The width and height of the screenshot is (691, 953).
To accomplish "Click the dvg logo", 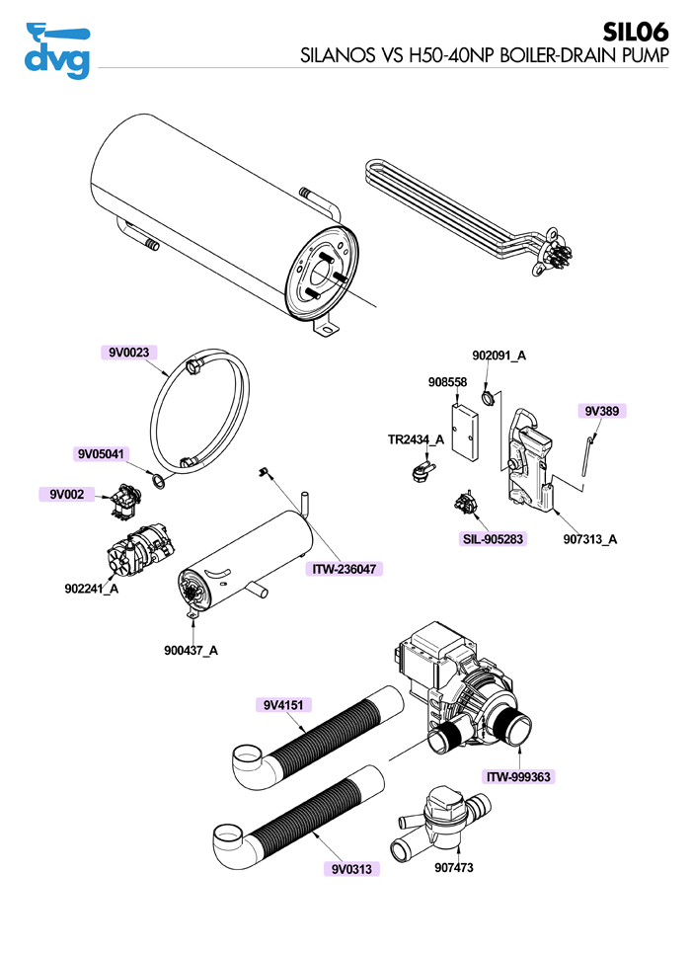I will [55, 49].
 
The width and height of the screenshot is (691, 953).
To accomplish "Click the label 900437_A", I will [192, 650].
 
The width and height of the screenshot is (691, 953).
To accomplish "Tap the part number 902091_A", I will [499, 356].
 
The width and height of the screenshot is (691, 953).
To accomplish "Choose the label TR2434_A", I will [416, 439].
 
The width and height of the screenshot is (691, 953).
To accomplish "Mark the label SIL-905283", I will [492, 539].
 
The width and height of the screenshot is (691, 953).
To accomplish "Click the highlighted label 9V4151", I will [283, 704].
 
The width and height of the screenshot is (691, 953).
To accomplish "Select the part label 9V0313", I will [350, 869].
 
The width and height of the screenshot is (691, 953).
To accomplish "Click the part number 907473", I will [455, 870].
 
